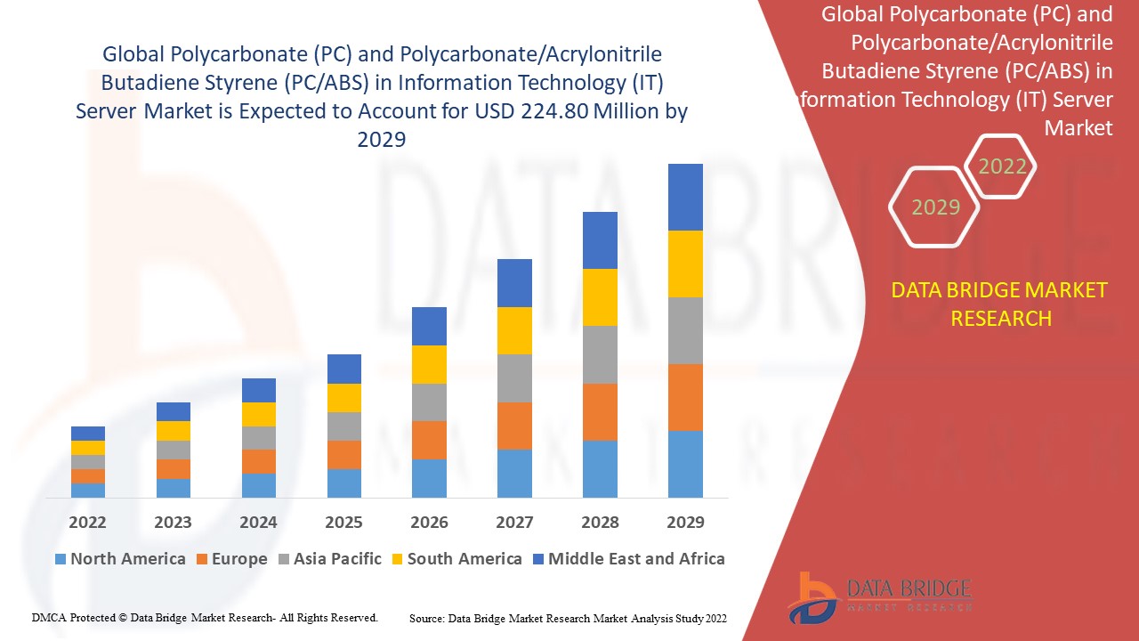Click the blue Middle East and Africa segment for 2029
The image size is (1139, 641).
tap(685, 197)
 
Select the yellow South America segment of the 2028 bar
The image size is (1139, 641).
tap(600, 296)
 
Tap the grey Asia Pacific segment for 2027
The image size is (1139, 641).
tap(514, 378)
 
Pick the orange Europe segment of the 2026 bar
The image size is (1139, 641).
tap(429, 440)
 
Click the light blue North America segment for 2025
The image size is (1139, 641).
tap(344, 483)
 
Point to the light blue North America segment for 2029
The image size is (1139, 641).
tap(685, 464)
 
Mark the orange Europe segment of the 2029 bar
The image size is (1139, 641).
tap(685, 397)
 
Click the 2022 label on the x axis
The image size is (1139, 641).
tap(87, 522)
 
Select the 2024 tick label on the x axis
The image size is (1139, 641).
tap(258, 522)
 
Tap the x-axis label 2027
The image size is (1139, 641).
tap(514, 522)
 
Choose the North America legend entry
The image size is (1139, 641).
tap(119, 559)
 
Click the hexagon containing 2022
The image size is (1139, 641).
tap(1002, 166)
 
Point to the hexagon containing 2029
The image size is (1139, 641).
tap(935, 207)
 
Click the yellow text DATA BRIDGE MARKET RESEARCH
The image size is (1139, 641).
tap(1000, 304)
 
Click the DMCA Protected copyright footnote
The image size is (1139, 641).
tap(205, 617)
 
